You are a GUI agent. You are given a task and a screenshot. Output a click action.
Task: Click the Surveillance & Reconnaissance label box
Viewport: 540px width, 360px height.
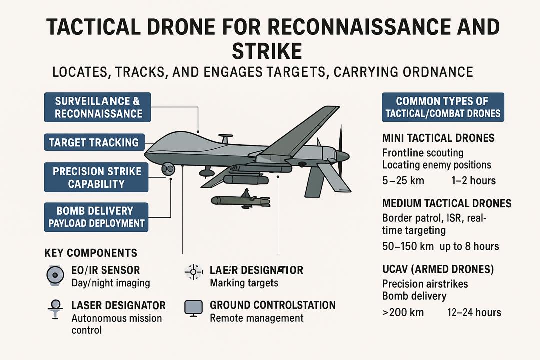pyautogui.click(x=98, y=107)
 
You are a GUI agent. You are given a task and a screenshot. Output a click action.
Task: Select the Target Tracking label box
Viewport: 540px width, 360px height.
pyautogui.click(x=94, y=143)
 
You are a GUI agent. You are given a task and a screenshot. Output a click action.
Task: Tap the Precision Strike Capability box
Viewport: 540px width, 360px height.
pyautogui.click(x=96, y=177)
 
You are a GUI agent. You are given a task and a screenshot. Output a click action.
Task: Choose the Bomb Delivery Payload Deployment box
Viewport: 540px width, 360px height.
pyautogui.click(x=96, y=217)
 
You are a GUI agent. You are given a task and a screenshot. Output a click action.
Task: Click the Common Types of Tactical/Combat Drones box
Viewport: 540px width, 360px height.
pyautogui.click(x=443, y=107)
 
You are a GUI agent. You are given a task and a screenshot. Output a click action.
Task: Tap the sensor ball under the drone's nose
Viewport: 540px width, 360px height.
pyautogui.click(x=168, y=169)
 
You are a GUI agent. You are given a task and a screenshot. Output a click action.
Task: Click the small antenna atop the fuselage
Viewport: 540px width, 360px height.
pyautogui.click(x=225, y=137)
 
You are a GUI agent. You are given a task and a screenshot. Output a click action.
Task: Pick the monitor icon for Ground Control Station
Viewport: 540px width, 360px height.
pyautogui.click(x=193, y=308)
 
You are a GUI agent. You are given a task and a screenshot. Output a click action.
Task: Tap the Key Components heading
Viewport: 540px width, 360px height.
pyautogui.click(x=91, y=253)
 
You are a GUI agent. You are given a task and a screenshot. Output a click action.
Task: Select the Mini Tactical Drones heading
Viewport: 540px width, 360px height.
pyautogui.click(x=438, y=138)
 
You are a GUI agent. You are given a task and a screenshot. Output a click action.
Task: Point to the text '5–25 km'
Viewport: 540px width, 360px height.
pyautogui.click(x=403, y=180)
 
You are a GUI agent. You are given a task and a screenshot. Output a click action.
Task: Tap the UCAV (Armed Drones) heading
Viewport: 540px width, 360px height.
pyautogui.click(x=438, y=269)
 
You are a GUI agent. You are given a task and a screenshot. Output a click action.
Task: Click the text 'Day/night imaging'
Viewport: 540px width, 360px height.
pyautogui.click(x=111, y=283)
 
